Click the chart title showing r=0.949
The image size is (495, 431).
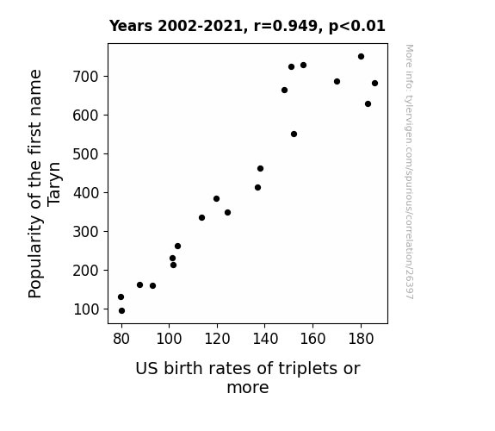(247, 26)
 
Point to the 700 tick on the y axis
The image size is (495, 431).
(106, 76)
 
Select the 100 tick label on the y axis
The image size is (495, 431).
(86, 309)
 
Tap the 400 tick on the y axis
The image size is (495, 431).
(106, 192)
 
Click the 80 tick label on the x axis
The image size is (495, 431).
(121, 339)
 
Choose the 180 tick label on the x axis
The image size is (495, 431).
(361, 339)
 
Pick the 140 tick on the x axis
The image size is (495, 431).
(264, 326)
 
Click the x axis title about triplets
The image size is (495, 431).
(248, 378)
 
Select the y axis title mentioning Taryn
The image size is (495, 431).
(45, 184)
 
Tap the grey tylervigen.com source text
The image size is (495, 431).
(409, 172)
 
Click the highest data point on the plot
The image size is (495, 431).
(362, 57)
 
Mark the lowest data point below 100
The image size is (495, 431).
(122, 311)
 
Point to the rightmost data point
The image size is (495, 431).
(374, 83)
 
